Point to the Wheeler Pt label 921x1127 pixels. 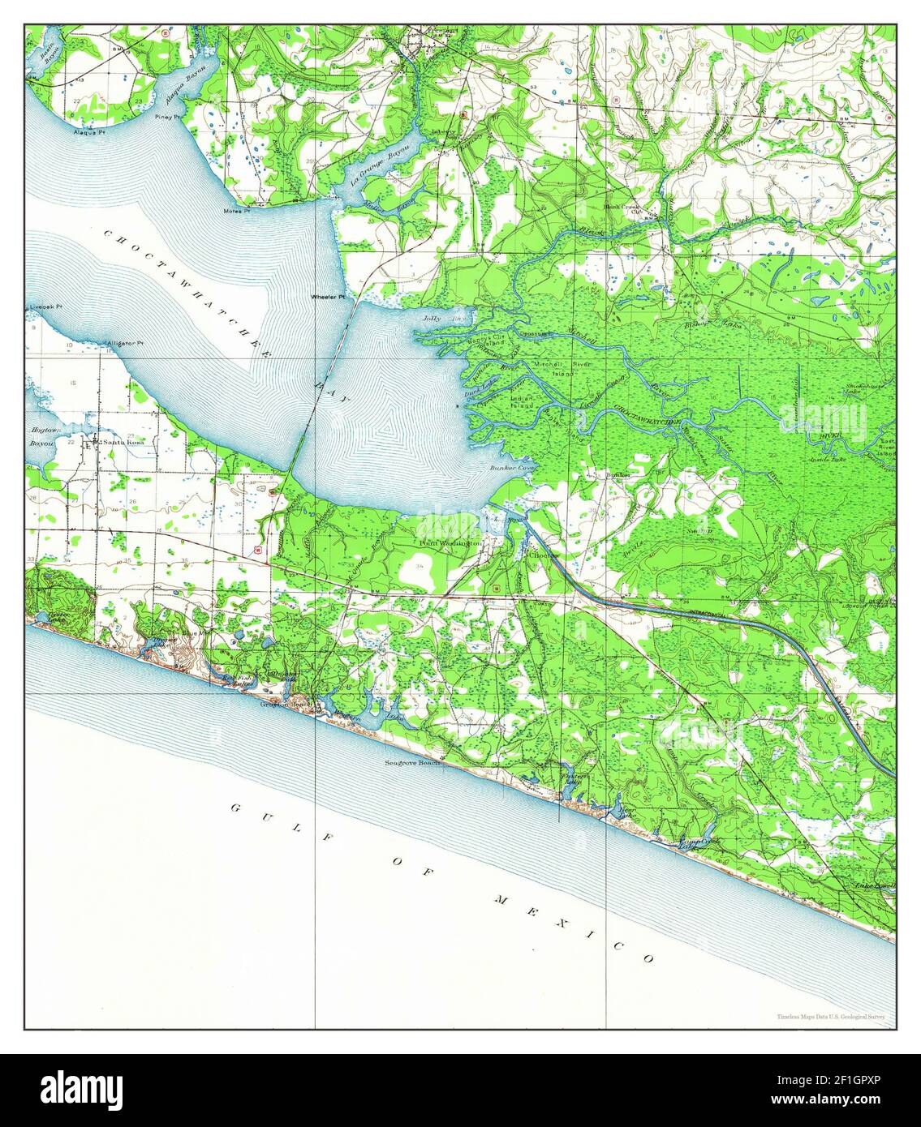pos(328,298)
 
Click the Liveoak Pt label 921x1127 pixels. pos(45,308)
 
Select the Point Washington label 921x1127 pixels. pos(450,542)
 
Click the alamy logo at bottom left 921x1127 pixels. pos(81,1089)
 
